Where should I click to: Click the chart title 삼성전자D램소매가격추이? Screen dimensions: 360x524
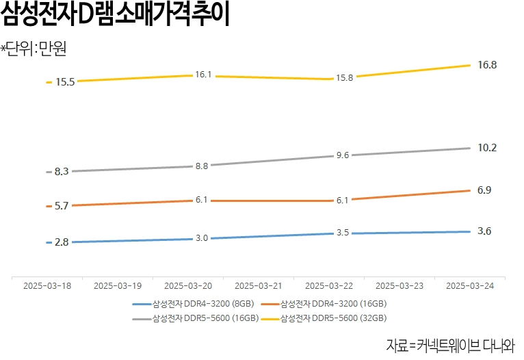pos(115,16)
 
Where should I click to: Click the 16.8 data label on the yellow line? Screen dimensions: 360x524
pos(487,65)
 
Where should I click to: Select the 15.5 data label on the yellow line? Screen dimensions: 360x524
pos(66,82)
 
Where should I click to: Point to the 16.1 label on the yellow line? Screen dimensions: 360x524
pos(203,75)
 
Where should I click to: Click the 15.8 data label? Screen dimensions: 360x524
pos(343,78)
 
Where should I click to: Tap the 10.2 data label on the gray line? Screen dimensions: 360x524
pos(487,148)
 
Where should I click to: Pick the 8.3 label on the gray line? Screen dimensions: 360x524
pos(62,172)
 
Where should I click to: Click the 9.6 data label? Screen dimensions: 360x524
pos(343,155)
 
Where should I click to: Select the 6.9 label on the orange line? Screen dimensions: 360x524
pos(484,190)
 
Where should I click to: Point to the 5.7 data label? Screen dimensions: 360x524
pos(62,206)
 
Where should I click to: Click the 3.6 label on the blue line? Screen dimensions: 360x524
pos(484,231)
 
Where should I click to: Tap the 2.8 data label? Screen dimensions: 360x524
pos(62,242)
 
